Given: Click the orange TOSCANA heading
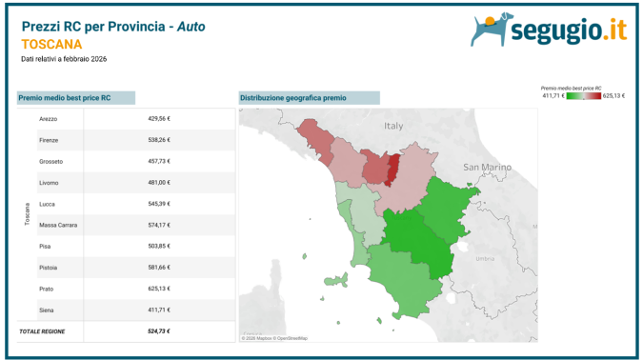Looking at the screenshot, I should pyautogui.click(x=51, y=44).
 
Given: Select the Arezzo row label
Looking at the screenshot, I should pyautogui.click(x=50, y=118).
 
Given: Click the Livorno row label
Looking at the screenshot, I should pyautogui.click(x=50, y=182).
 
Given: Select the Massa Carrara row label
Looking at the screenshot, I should pyautogui.click(x=58, y=225).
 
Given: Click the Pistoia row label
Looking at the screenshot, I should pyautogui.click(x=50, y=268).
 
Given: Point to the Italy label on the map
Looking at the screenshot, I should pyautogui.click(x=393, y=125).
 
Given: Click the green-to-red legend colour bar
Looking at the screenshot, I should pyautogui.click(x=584, y=95).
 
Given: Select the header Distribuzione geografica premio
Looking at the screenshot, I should pyautogui.click(x=293, y=97).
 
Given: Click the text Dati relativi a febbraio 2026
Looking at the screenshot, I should pyautogui.click(x=65, y=59).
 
